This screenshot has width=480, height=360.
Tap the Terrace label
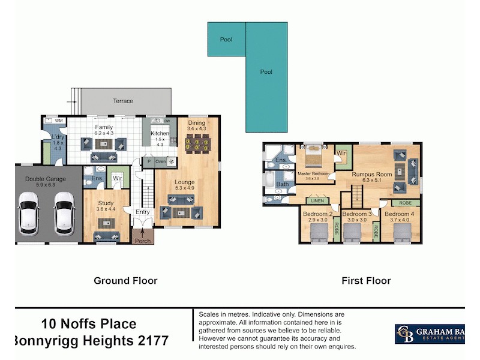coord(123,101)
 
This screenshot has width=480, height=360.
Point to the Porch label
coord(143,241)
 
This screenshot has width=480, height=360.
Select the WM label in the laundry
coord(58,121)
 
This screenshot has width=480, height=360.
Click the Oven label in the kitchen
coord(160,161)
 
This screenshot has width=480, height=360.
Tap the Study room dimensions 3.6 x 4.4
coord(106,209)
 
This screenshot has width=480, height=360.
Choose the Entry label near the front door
coord(143,212)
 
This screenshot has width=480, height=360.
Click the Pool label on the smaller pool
coord(226,40)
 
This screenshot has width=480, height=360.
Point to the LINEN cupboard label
coord(317,201)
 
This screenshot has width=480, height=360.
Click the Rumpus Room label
coord(372,175)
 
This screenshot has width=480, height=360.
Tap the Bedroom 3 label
coord(356,214)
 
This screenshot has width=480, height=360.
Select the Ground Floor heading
coord(125,280)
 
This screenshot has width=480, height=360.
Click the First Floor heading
coord(366,280)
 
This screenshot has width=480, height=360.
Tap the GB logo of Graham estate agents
coord(406,334)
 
